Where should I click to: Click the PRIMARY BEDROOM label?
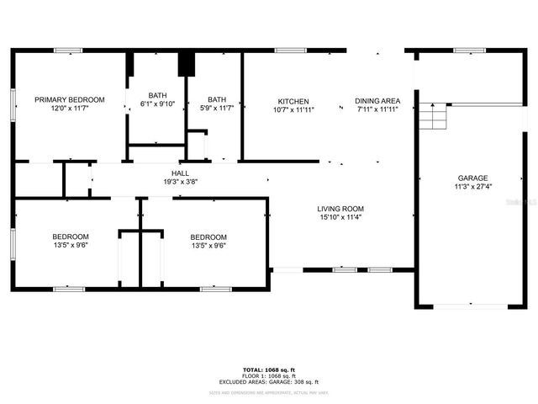click(69, 100)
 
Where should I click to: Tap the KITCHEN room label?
click(293, 100)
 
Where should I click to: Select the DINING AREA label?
click(377, 100)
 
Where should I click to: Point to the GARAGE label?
click(472, 178)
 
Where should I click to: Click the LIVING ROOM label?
click(340, 209)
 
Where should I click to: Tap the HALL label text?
click(180, 173)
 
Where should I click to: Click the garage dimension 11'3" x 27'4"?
click(472, 187)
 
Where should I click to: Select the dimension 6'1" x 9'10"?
click(157, 104)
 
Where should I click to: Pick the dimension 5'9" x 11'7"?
click(217, 108)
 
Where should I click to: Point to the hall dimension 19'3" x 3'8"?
click(180, 182)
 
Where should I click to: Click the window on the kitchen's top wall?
click(290, 50)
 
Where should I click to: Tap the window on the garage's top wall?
click(463, 50)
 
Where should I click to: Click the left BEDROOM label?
click(71, 237)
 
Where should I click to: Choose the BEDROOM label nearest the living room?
click(208, 237)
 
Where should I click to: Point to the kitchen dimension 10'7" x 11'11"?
click(293, 109)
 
